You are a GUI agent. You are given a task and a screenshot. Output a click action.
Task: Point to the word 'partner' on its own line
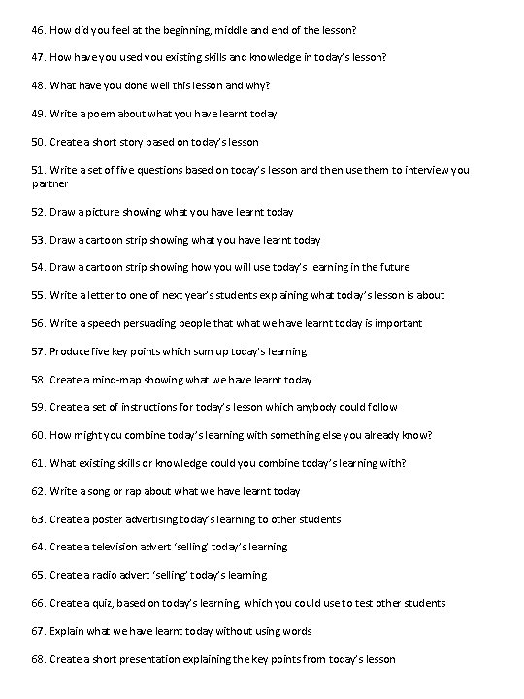50,183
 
